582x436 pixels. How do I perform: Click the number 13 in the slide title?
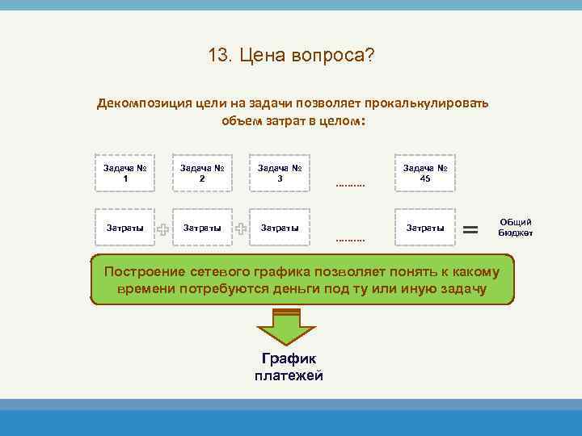(x=217, y=56)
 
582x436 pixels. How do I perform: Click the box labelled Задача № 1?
(x=124, y=172)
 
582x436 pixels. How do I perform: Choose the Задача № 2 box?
(x=201, y=172)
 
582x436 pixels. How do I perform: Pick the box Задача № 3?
(x=279, y=172)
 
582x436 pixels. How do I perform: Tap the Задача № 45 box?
(x=424, y=172)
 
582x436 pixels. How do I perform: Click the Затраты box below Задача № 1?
(x=124, y=228)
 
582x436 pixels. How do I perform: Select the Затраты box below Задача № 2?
(x=201, y=228)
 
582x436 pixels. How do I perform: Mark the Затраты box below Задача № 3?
(x=279, y=228)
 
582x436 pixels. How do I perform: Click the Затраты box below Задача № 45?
(x=424, y=228)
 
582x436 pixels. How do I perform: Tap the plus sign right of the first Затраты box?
(x=163, y=230)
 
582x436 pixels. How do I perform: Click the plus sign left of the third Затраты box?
(x=241, y=229)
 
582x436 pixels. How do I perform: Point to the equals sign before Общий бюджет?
(x=471, y=230)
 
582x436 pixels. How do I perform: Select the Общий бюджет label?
(x=515, y=227)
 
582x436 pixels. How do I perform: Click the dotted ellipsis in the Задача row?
(x=349, y=185)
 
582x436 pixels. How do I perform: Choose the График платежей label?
(x=289, y=367)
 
